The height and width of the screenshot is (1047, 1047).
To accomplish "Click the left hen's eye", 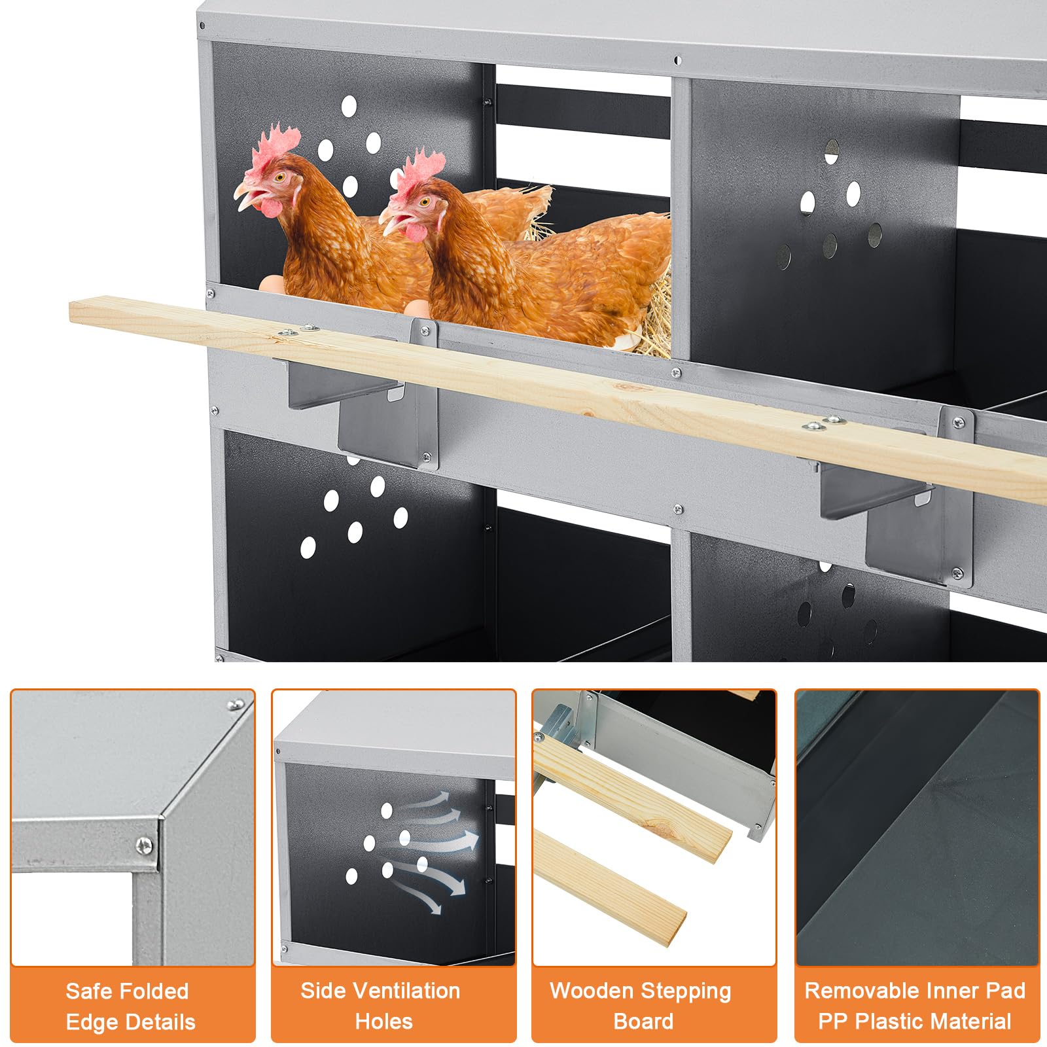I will point(280,177).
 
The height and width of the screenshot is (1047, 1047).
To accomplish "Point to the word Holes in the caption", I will point(383,1021).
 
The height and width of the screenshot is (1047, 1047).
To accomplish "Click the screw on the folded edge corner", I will point(145,846).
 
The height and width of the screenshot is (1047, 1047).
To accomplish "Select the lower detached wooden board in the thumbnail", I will point(609,886).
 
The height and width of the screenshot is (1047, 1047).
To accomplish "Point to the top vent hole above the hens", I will point(349,105).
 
